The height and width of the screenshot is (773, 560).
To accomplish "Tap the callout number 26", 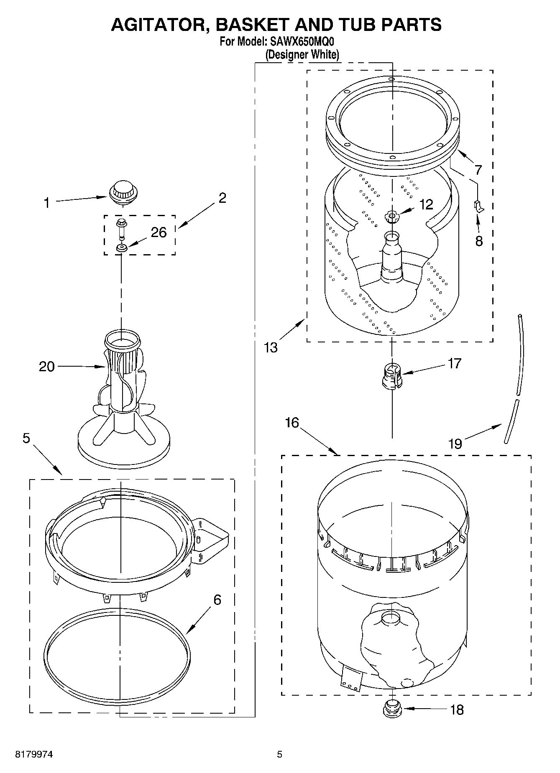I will (159, 232).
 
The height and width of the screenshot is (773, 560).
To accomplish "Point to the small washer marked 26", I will (122, 249).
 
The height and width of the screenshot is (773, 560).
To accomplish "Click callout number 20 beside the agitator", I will (47, 367).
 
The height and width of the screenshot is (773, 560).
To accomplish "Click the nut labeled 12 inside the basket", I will (391, 217).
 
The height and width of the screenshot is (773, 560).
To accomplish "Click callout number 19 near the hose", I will (455, 443).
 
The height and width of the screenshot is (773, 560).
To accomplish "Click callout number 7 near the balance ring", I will (478, 169).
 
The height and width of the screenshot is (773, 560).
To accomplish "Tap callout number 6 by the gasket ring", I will (217, 600).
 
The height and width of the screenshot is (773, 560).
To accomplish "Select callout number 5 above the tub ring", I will (26, 438).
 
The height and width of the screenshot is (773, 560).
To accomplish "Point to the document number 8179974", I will (34, 755).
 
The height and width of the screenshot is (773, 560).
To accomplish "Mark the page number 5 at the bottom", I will (279, 755).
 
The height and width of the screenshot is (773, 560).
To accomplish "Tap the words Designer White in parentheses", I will (302, 55).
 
